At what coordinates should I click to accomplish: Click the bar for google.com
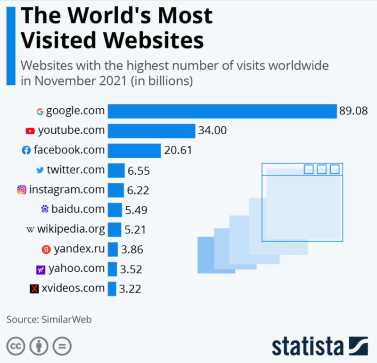[222, 111]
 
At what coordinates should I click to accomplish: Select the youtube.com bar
[151, 130]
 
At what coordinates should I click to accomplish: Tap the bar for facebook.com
[134, 150]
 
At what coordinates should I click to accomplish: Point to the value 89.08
[353, 111]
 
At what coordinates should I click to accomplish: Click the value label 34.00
[212, 130]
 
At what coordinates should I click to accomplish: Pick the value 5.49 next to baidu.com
[137, 210]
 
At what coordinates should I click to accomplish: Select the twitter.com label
[75, 170]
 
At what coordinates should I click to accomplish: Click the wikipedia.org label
[71, 229]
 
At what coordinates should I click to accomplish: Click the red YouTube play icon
[30, 131]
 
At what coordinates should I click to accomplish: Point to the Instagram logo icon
[22, 190]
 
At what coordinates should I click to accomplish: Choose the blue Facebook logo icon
[26, 151]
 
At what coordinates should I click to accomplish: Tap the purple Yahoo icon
[41, 269]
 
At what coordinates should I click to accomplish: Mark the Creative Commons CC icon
[16, 347]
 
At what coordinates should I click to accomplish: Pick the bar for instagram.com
[115, 190]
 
